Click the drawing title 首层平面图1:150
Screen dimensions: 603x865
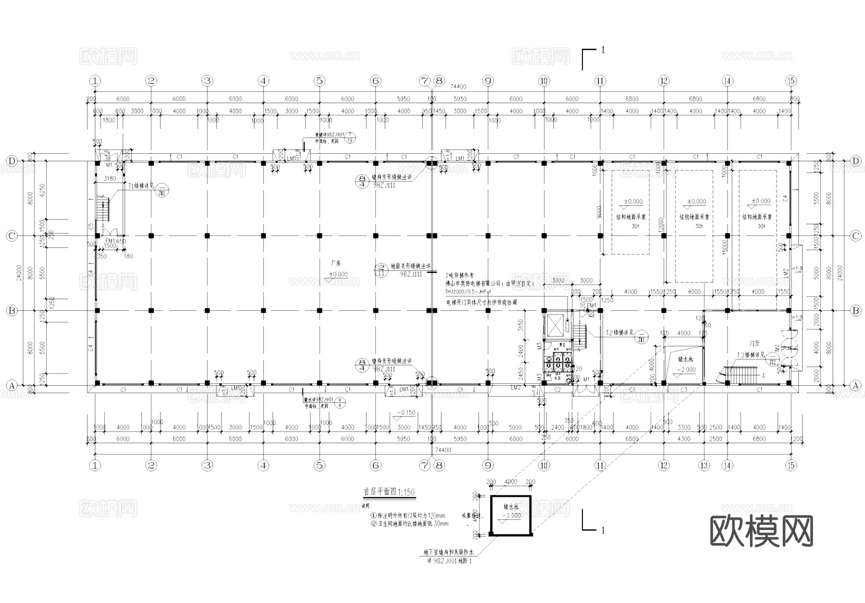pos(389,492)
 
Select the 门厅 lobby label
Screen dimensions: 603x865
pos(754,344)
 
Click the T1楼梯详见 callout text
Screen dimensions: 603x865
pos(141,186)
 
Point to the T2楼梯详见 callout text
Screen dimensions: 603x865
pos(619,332)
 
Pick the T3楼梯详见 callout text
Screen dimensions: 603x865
pos(751,355)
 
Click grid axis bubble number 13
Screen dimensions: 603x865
pos(704,465)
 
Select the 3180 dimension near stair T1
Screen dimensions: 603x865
pos(110,179)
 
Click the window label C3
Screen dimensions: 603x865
pos(684,390)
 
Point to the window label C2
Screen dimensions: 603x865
pos(557,390)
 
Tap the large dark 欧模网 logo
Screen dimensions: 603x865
pos(761,530)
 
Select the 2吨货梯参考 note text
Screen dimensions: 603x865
pos(459,275)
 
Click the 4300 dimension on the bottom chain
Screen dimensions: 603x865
pos(683,439)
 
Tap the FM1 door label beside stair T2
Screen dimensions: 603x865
pos(592,306)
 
